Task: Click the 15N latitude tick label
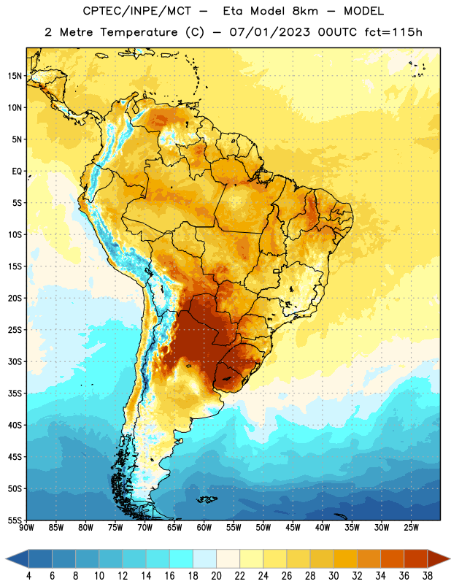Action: click(15, 76)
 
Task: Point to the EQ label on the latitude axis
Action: click(17, 172)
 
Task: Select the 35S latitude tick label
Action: click(15, 393)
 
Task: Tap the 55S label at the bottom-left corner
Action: click(15, 520)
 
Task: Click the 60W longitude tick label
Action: click(204, 528)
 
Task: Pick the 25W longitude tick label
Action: click(411, 528)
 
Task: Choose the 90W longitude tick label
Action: click(26, 528)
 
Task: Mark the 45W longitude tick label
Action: click(293, 528)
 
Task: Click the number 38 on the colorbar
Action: click(427, 576)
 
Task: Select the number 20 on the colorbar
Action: click(216, 576)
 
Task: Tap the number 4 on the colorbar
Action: click(28, 576)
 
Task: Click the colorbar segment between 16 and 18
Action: click(182, 559)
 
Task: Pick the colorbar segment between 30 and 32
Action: click(345, 559)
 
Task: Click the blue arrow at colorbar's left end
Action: click(18, 559)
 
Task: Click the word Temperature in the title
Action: click(139, 32)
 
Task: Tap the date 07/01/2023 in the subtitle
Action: click(269, 32)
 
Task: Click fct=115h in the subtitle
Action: click(393, 32)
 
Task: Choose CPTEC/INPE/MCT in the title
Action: click(137, 11)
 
